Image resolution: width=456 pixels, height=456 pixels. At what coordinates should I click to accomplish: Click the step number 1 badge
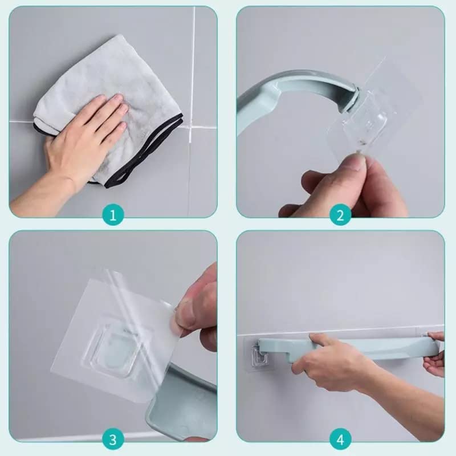(x=113, y=215)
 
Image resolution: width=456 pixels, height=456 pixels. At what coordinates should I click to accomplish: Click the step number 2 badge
(x=340, y=215)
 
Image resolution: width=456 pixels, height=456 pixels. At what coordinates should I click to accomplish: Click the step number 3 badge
(x=113, y=439)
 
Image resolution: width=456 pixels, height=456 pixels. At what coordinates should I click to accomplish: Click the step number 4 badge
(x=340, y=439)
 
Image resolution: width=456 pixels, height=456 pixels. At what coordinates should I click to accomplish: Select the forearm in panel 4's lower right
(x=410, y=410)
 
